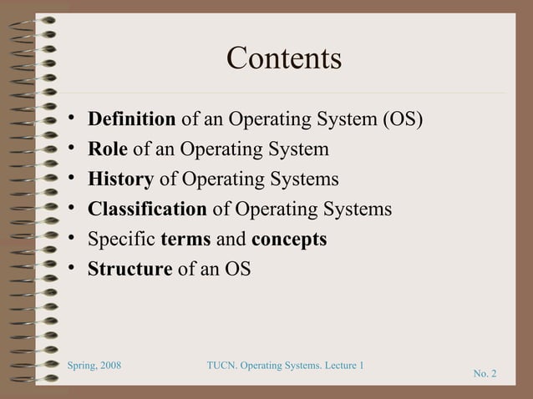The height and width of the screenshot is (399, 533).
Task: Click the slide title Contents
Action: [284, 59]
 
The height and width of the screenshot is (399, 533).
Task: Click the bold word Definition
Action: [132, 120]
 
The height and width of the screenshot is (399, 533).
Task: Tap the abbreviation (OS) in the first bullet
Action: [402, 120]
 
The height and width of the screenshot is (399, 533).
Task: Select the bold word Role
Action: [108, 150]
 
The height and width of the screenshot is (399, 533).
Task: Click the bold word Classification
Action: [147, 210]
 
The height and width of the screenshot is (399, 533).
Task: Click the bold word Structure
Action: [130, 270]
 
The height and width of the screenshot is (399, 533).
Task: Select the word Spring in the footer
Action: [81, 367]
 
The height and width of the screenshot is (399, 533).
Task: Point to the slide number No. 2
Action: [485, 373]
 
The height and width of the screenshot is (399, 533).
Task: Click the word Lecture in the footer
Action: [336, 367]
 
